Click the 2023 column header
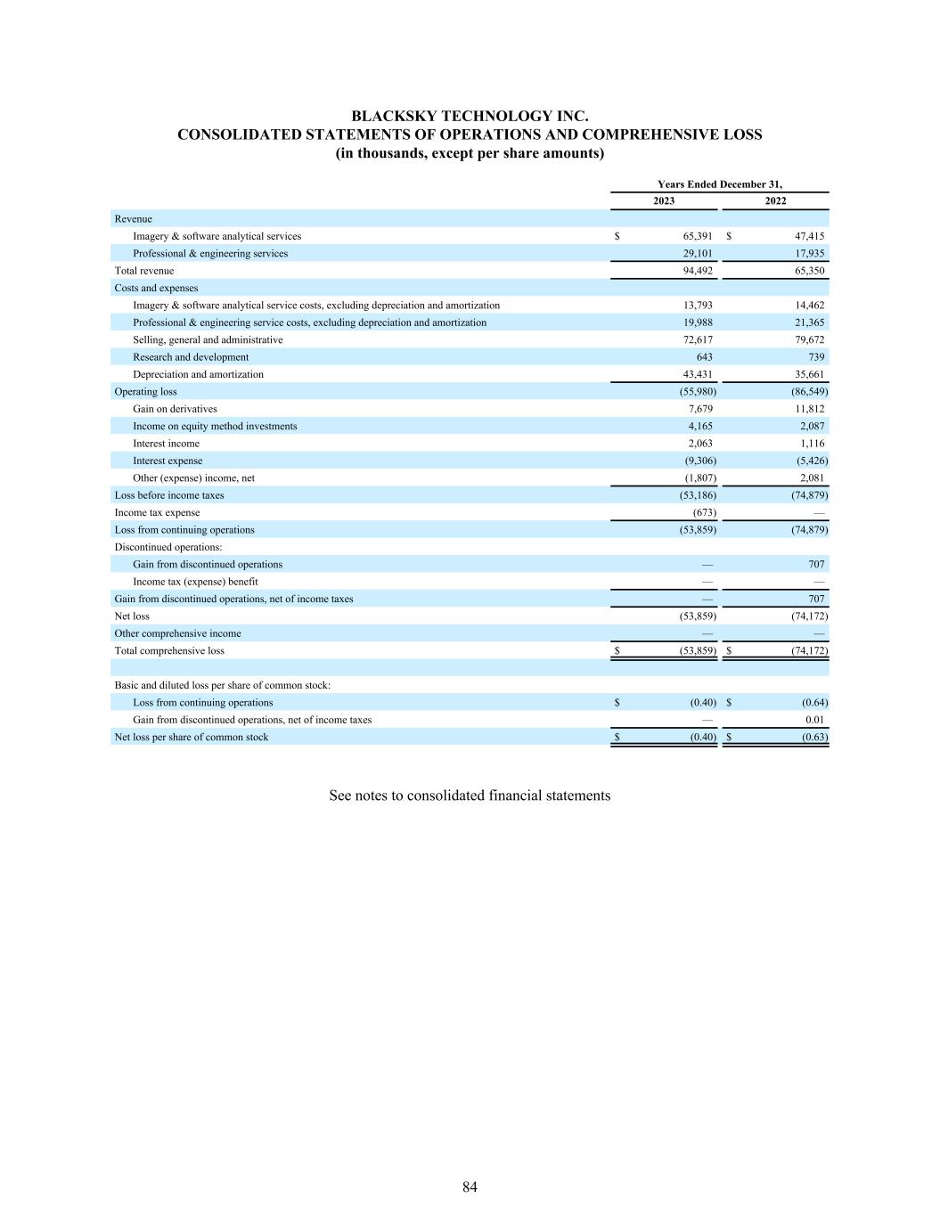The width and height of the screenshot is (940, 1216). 664,201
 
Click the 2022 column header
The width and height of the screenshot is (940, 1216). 775,201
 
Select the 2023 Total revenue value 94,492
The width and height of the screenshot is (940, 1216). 697,271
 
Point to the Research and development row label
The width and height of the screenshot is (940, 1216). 191,357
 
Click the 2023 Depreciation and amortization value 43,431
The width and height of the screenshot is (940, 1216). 697,374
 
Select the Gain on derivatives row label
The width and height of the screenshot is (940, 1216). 175,409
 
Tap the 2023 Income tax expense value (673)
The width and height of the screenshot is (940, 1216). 704,512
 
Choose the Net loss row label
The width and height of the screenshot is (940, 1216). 132,616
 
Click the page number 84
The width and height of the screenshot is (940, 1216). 470,1187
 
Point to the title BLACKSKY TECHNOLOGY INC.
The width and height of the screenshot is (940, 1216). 470,117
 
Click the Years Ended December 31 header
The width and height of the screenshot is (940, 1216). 720,184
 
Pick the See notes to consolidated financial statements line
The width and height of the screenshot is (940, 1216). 470,796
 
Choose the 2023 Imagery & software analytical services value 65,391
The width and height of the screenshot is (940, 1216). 697,236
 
